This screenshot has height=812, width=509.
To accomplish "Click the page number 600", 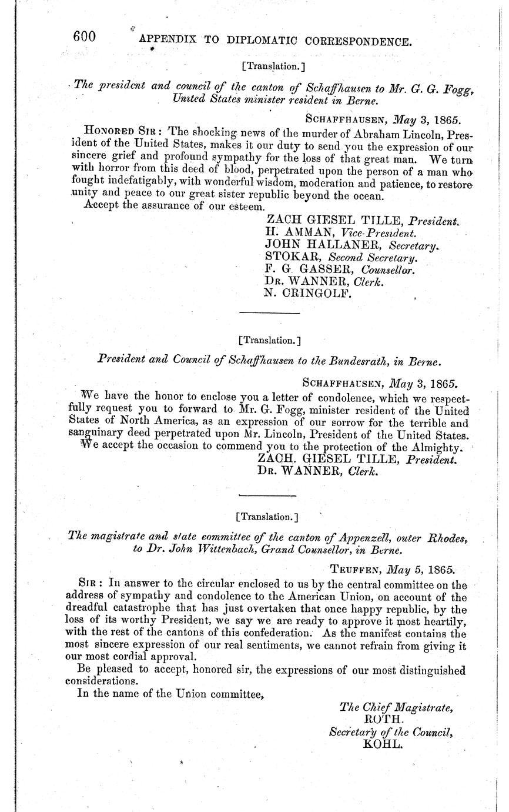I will pos(84,36).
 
